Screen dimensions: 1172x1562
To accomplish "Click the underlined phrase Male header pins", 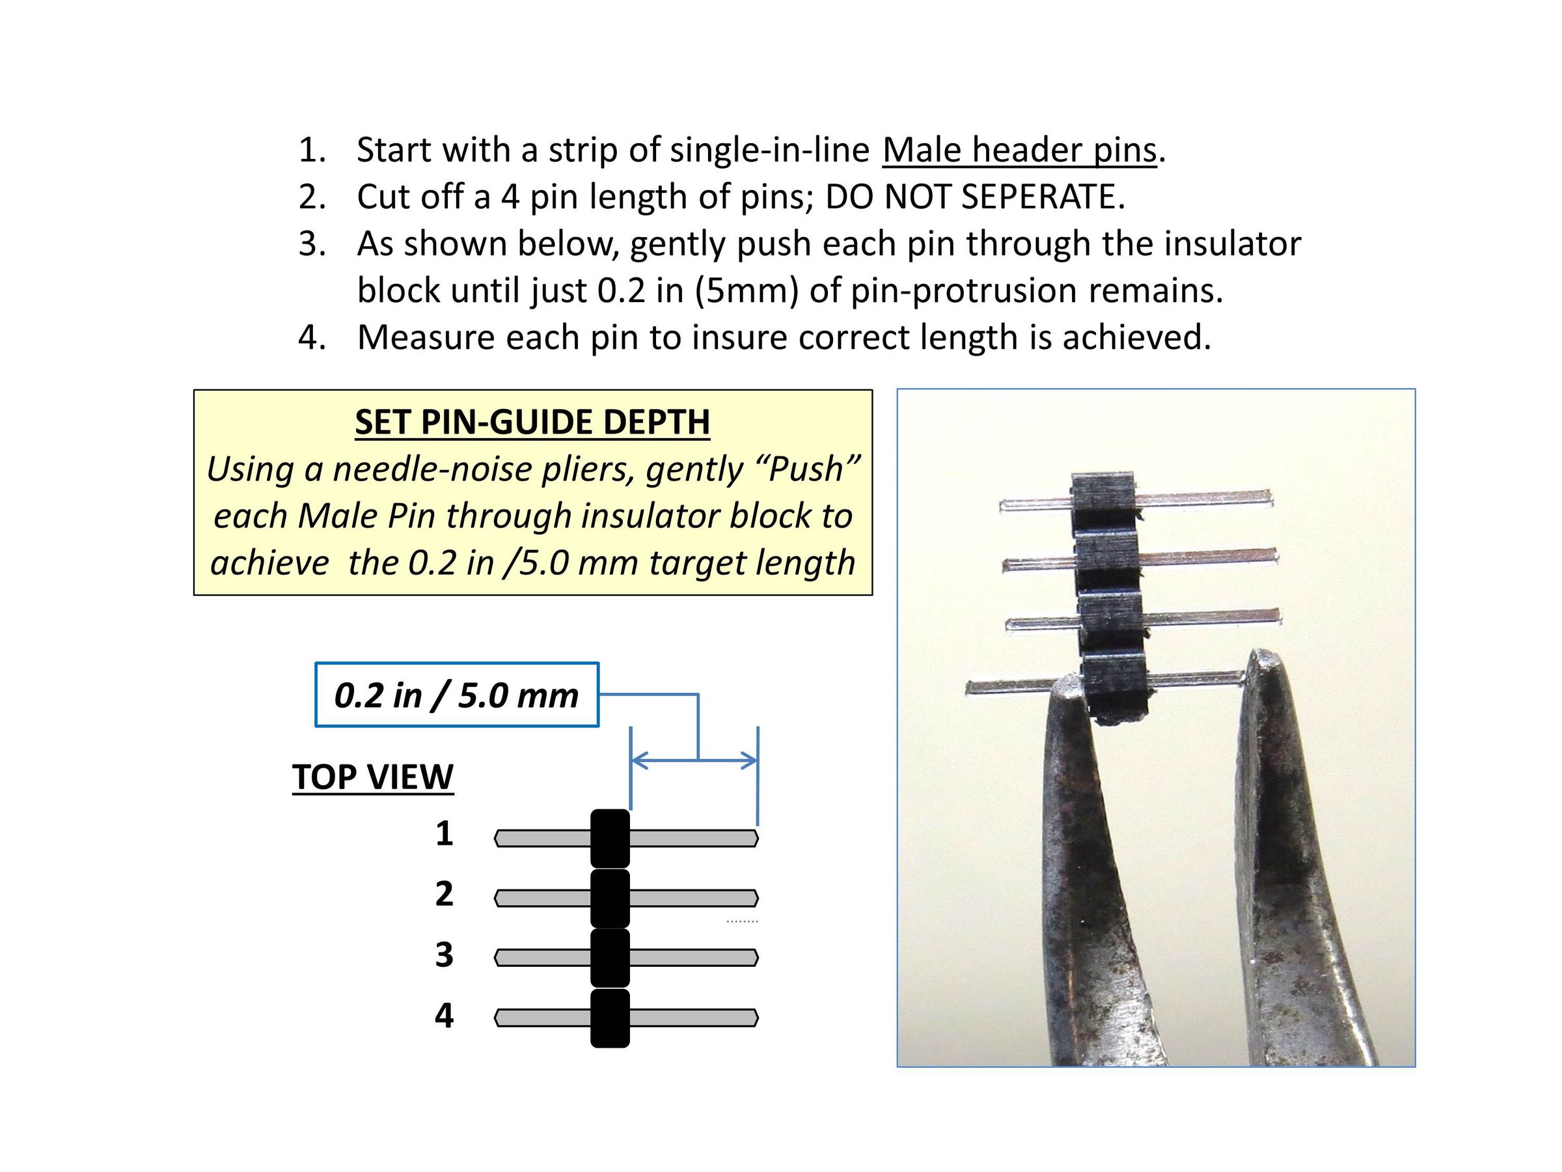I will [1019, 150].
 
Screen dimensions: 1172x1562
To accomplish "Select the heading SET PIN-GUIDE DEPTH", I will [532, 423].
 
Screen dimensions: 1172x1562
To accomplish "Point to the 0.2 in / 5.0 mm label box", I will [456, 695].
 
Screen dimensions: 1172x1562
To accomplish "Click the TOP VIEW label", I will [373, 777].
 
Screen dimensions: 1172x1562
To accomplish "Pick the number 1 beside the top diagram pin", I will [443, 833].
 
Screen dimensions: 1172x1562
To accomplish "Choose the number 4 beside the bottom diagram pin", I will [443, 1015].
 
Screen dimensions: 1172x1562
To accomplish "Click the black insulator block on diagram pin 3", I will [610, 958].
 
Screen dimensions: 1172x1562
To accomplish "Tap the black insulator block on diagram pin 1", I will [610, 839].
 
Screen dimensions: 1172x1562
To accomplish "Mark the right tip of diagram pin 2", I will [756, 898].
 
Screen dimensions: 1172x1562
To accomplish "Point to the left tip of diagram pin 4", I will [498, 1018].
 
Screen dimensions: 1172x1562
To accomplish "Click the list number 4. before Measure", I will [311, 337].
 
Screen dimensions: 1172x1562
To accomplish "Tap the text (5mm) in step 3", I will [747, 290].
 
